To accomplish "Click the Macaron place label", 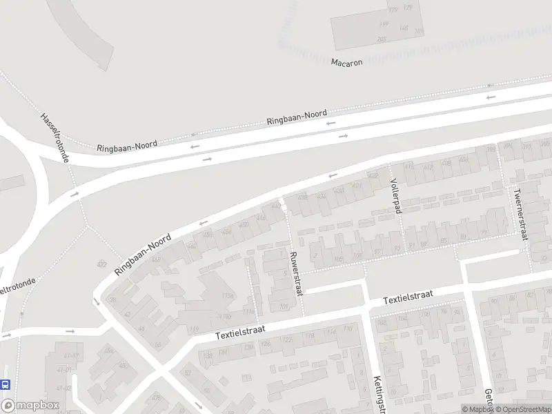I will [346, 62].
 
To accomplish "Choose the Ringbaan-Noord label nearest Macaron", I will [297, 117].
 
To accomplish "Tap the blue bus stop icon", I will [6, 384].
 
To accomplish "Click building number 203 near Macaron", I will [382, 40].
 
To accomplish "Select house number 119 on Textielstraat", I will [193, 329].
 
